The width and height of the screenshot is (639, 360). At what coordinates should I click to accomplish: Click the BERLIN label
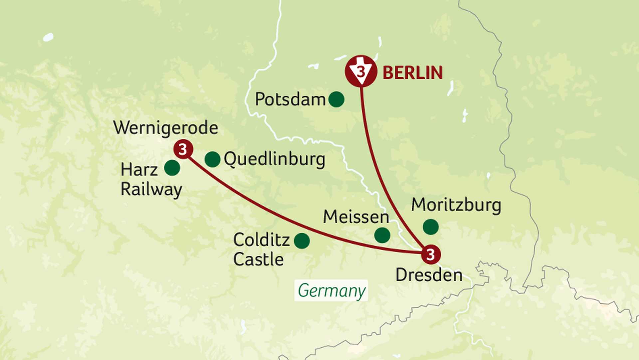point(412,73)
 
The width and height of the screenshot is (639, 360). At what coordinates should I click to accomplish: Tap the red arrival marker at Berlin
point(361,71)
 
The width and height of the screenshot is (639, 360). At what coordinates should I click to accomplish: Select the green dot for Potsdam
point(336,99)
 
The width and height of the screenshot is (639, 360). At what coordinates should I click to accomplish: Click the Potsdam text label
point(290,99)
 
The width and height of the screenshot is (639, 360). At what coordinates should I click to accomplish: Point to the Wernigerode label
point(165,128)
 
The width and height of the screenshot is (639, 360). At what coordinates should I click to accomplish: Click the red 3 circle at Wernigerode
point(183,149)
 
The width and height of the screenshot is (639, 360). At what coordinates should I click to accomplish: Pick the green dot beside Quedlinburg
point(212,159)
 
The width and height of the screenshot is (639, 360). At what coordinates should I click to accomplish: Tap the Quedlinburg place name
point(274,159)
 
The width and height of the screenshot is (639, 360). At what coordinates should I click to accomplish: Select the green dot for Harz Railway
point(172,168)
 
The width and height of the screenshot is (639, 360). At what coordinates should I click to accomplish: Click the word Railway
point(151,190)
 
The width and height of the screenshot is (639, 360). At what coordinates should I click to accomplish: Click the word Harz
point(139,170)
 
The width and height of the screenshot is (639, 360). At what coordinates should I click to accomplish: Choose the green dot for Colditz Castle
point(302,241)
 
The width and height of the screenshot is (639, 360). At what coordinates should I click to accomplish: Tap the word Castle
point(258,260)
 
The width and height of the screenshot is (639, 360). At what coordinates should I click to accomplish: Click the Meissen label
point(356,217)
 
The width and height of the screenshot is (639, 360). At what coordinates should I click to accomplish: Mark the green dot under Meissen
point(382,235)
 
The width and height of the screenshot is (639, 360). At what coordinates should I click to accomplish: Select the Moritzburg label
point(456,205)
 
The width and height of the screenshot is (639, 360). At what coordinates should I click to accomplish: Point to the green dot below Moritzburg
point(431,227)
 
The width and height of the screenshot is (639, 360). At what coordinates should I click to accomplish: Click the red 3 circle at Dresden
point(431,255)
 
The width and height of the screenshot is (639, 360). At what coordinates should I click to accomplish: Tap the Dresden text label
point(429,275)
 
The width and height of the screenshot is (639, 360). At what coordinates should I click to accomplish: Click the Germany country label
point(331,290)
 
